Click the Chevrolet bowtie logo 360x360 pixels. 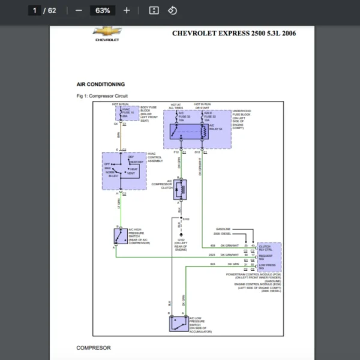click(x=106, y=31)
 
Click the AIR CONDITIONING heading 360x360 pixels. click(x=101, y=85)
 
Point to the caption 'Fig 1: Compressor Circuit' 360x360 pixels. click(x=102, y=96)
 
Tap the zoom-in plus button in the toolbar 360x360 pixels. click(x=126, y=10)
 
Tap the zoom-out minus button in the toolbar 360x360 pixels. click(x=79, y=10)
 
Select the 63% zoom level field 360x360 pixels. click(x=103, y=10)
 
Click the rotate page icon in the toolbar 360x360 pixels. click(x=172, y=10)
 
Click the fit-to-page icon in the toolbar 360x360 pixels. click(x=154, y=10)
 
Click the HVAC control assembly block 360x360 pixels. click(x=124, y=171)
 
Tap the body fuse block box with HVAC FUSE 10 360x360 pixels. click(x=127, y=113)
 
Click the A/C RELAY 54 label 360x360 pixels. click(x=215, y=128)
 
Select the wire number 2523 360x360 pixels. click(x=212, y=255)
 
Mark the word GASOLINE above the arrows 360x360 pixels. click(x=223, y=229)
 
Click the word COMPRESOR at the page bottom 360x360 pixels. click(x=93, y=347)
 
